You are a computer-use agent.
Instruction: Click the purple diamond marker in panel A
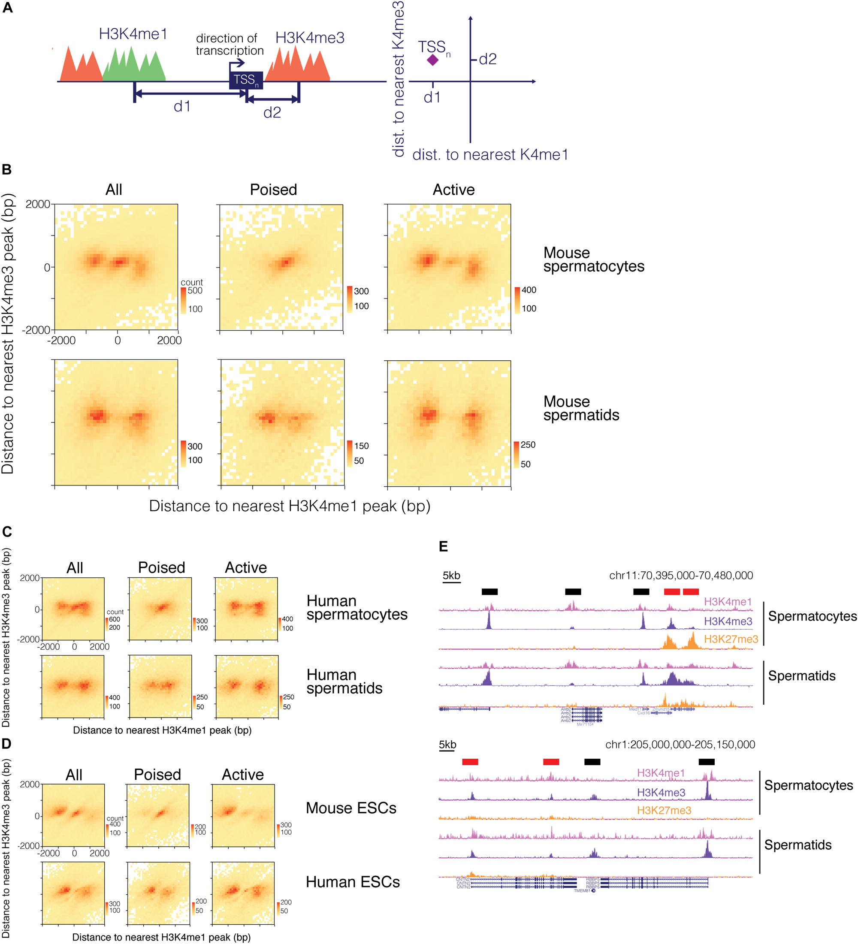(x=433, y=60)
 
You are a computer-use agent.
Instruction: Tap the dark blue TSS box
(x=246, y=80)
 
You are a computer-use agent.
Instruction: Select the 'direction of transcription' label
(x=230, y=45)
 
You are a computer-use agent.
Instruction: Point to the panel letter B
(x=6, y=169)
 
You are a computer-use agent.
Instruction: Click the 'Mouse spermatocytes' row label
(x=593, y=259)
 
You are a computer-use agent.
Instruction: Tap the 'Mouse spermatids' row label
(x=581, y=408)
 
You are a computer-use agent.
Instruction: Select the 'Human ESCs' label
(x=353, y=882)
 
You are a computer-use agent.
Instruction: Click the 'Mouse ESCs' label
(x=351, y=808)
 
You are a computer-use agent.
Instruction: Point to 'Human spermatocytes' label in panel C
(x=357, y=607)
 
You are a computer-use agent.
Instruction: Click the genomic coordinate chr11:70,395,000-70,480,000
(x=680, y=576)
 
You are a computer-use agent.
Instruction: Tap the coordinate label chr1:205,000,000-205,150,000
(x=680, y=745)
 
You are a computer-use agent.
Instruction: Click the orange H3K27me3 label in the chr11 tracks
(x=731, y=639)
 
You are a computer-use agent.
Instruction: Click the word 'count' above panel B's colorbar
(x=192, y=282)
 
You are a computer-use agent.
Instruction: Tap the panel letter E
(x=443, y=546)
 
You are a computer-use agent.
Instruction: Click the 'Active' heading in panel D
(x=243, y=775)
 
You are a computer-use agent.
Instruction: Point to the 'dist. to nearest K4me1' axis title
(x=490, y=154)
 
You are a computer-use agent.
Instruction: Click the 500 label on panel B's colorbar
(x=195, y=290)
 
